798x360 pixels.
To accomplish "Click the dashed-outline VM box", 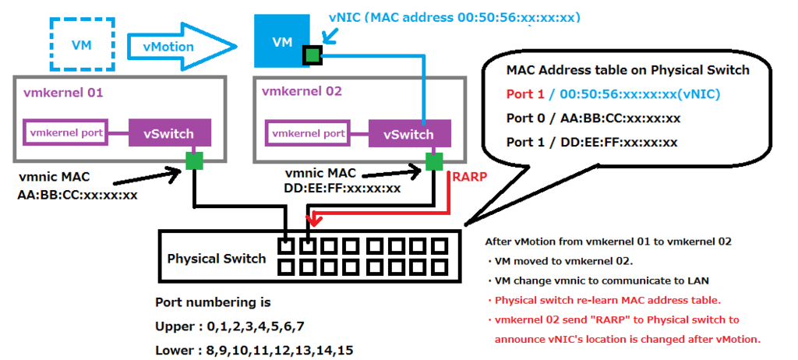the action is (x=82, y=45).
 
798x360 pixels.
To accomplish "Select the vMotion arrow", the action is (x=182, y=47).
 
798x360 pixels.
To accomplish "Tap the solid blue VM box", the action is (x=282, y=41).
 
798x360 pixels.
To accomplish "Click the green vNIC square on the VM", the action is (x=312, y=55).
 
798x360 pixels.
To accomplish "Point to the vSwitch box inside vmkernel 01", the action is (x=168, y=134).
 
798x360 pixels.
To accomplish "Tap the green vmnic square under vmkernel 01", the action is (x=193, y=161).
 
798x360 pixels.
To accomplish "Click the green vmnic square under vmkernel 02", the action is (x=433, y=161).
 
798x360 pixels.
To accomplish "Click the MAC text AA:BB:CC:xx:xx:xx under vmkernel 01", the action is (x=77, y=195).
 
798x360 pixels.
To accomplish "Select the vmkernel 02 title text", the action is (x=302, y=92).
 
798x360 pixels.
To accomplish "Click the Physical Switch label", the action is (x=217, y=259).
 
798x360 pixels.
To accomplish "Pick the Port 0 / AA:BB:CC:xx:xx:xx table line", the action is (x=593, y=118).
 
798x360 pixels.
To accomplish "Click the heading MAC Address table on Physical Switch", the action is (x=627, y=70).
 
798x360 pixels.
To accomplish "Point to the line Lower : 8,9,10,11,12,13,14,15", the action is (x=255, y=351).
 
